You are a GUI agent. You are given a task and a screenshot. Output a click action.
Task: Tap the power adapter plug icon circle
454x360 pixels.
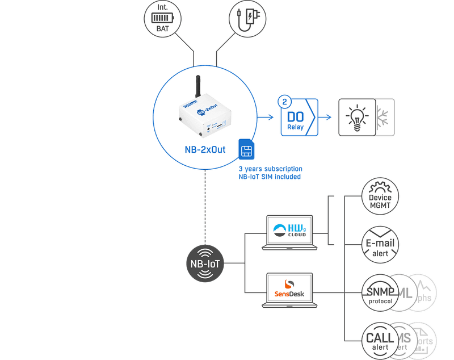coord(247,19)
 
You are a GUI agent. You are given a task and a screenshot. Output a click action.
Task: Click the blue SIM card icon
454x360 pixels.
coord(246,150)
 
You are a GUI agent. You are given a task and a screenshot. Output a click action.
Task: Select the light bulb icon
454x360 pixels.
coord(357,117)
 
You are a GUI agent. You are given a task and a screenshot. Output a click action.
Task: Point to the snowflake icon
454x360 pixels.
coord(385,117)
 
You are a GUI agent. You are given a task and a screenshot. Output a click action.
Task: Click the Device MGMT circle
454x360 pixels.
coord(380,197)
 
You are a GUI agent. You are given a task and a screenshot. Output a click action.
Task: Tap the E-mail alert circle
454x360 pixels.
coord(380,245)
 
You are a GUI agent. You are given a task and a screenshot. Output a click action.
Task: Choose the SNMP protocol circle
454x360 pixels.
coord(380,293)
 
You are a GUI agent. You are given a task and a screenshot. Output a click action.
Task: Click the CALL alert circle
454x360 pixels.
coord(380,341)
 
